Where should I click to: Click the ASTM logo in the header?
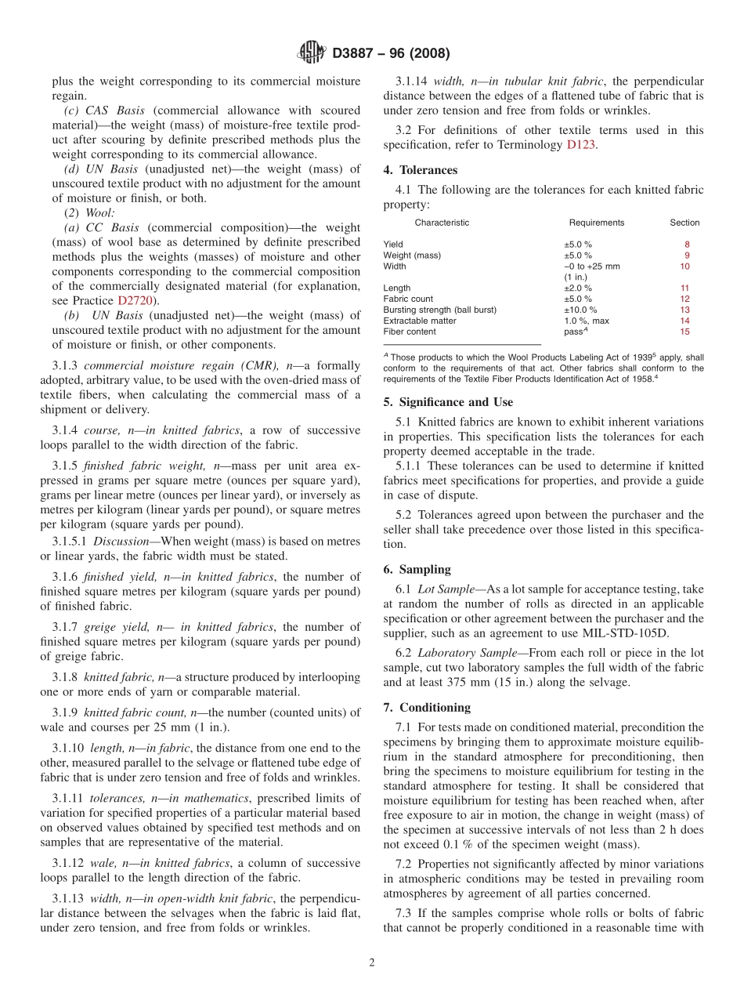(x=312, y=53)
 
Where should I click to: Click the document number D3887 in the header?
(x=356, y=54)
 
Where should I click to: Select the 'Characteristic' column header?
(x=442, y=223)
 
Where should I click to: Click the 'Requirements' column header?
(x=596, y=223)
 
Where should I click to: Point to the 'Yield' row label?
(x=393, y=245)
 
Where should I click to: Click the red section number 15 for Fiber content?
(x=684, y=332)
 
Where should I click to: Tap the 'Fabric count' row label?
(x=408, y=299)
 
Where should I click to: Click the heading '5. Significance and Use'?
(x=448, y=402)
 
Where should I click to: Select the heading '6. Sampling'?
(x=417, y=570)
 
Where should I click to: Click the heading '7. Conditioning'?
(x=427, y=708)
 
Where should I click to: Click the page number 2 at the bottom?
(x=372, y=963)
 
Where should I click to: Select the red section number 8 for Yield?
(x=687, y=245)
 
